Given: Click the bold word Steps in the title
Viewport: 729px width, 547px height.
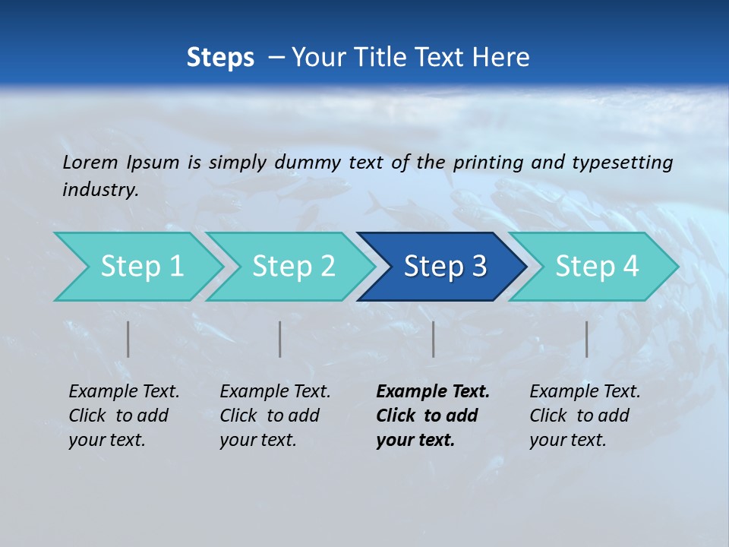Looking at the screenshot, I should [220, 58].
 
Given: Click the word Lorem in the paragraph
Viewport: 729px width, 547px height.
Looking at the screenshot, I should [90, 163].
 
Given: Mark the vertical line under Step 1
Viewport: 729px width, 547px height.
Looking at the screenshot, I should [128, 339].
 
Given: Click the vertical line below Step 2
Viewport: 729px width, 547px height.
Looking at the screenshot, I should [280, 339].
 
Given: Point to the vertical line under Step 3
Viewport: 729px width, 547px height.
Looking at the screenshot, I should [433, 339].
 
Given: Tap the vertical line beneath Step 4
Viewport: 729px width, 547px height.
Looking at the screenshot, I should [586, 339].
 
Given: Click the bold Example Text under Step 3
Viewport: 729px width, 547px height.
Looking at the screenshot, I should [433, 392].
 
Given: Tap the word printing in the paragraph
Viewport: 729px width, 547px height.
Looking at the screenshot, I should [488, 163].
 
